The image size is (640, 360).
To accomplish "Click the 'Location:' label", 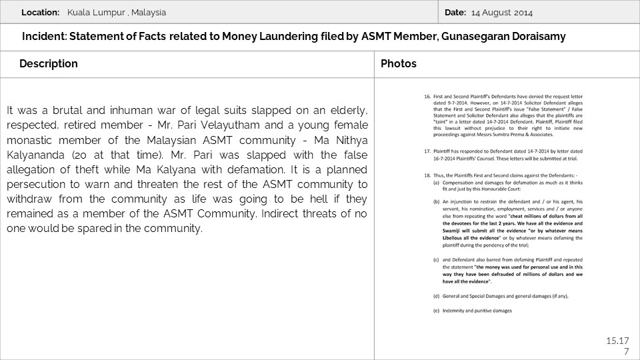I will tap(41, 13).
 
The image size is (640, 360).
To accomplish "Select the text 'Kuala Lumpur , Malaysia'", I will tap(117, 13).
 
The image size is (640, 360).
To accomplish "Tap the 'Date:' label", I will tap(455, 13).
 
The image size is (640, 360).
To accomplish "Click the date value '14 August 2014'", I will tap(502, 13).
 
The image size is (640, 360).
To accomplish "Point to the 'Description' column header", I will tap(49, 64).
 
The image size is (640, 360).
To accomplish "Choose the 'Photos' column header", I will tap(399, 64).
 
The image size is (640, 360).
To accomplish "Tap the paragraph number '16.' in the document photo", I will tap(428, 97).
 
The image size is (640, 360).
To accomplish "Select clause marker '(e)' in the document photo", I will tap(436, 311).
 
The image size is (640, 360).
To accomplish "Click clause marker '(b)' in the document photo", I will tap(436, 200).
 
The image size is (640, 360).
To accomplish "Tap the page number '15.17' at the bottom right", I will tap(617, 341).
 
